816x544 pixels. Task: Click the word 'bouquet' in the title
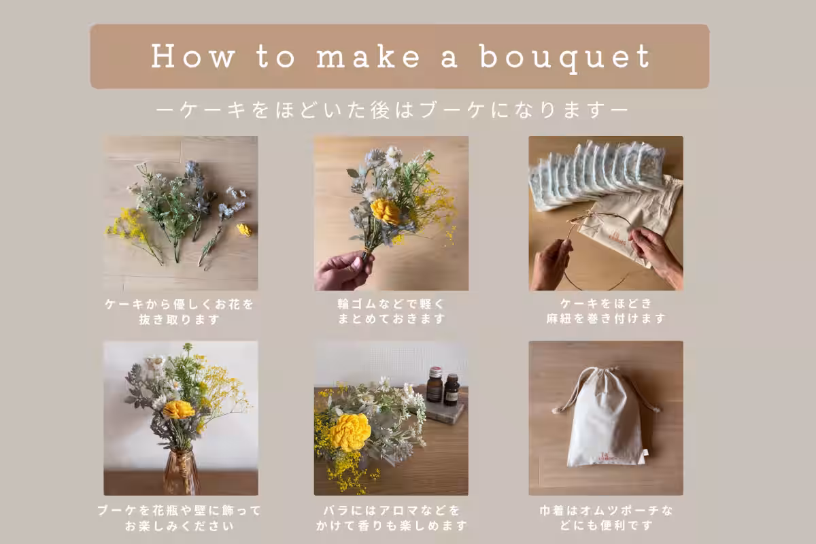[x=565, y=58]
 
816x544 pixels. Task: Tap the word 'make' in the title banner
[x=369, y=56]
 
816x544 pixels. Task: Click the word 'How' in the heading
[x=192, y=56]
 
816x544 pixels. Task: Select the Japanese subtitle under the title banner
[x=392, y=110]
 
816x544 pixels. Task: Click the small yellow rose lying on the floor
[x=244, y=230]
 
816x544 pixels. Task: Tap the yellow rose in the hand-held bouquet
[x=385, y=211]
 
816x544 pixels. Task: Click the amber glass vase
[x=182, y=471]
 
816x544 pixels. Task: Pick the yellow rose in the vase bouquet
[x=178, y=409]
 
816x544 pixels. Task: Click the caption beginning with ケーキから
[x=180, y=312]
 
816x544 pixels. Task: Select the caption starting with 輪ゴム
[x=391, y=311]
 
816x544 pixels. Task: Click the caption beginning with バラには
[x=391, y=517]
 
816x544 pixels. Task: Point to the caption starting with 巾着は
[x=606, y=517]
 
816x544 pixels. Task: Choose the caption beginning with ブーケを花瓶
[x=180, y=518]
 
